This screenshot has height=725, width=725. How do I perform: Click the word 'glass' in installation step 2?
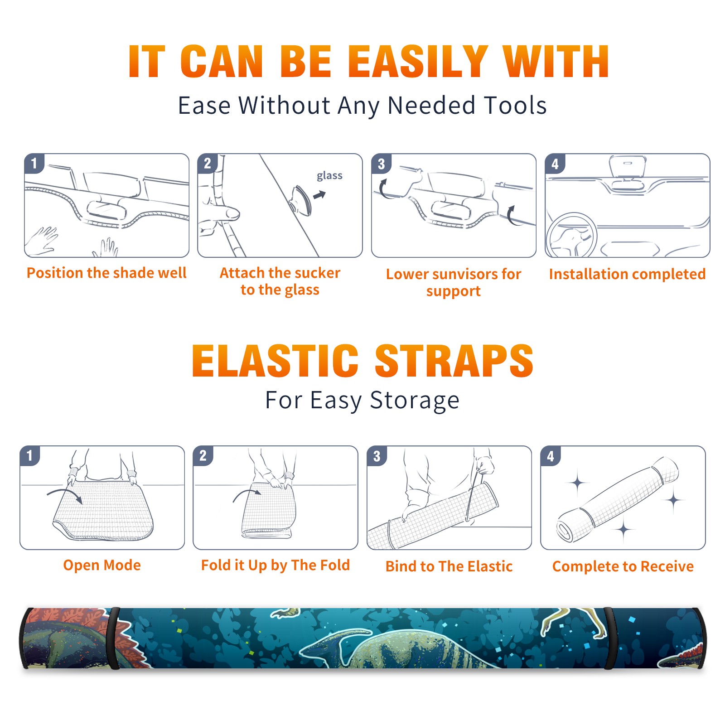point(329,176)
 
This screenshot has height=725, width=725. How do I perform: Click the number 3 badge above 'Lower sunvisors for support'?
point(381,164)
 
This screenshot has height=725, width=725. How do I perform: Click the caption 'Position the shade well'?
point(106,273)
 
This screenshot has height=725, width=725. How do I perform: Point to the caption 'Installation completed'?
point(627,274)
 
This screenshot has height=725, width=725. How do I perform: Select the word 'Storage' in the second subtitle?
point(415,401)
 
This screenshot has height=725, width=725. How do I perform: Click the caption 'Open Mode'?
point(102,565)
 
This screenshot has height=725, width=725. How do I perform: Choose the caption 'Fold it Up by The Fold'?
point(275,565)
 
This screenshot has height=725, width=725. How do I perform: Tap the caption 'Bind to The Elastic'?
point(449,566)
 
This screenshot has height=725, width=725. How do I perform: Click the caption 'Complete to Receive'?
point(623,566)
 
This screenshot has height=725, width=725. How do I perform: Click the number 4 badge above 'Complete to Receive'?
point(551,456)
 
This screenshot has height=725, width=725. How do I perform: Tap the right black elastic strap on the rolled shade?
point(609,638)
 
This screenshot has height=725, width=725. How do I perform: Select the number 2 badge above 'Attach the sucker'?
point(208,164)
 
